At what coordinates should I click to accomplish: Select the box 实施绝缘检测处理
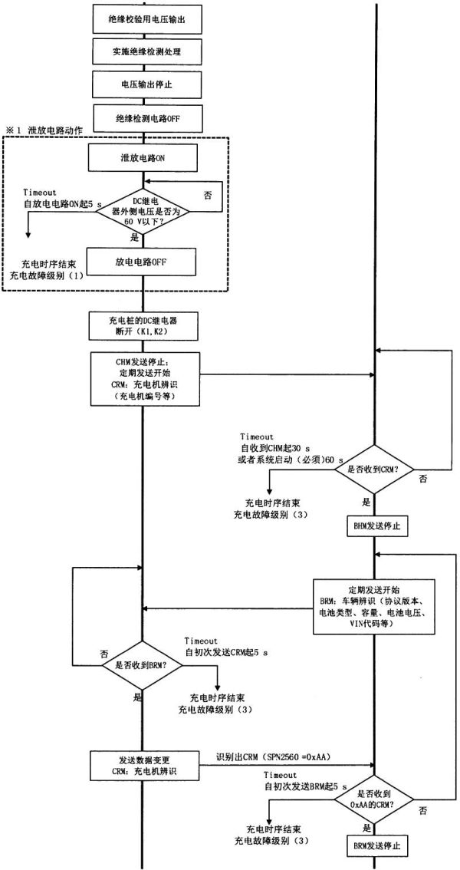click(143, 53)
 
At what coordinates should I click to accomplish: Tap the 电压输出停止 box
click(143, 86)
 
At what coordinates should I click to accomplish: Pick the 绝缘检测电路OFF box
click(143, 119)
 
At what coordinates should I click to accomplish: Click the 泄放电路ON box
click(143, 158)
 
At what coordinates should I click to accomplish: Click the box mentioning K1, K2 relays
click(143, 326)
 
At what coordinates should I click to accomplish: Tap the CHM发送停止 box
click(143, 376)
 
